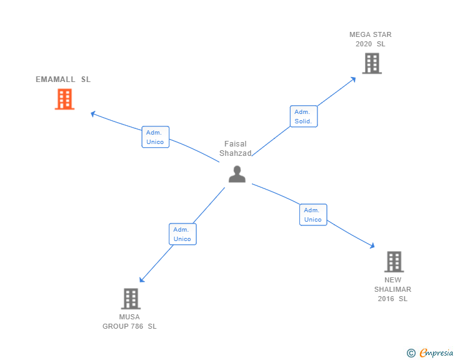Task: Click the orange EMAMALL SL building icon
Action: tap(64, 99)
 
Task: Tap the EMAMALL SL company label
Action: tap(63, 80)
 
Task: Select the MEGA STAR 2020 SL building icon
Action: tap(372, 63)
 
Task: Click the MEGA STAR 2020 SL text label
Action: tap(370, 39)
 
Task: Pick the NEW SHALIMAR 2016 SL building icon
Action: tap(393, 262)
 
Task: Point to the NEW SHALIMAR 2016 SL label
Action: tap(392, 289)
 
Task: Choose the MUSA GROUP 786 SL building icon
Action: tap(130, 299)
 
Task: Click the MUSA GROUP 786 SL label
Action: tap(129, 321)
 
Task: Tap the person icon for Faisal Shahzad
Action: tap(237, 174)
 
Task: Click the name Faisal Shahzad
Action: tap(236, 148)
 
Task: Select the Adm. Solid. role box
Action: tap(303, 116)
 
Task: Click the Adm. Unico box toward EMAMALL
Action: tap(155, 137)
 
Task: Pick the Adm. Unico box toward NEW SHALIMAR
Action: tap(312, 215)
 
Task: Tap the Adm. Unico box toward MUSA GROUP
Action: tap(182, 234)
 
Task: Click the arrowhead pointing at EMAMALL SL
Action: tap(93, 113)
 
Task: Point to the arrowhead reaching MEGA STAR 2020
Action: tap(353, 79)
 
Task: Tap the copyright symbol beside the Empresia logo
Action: tap(411, 354)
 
